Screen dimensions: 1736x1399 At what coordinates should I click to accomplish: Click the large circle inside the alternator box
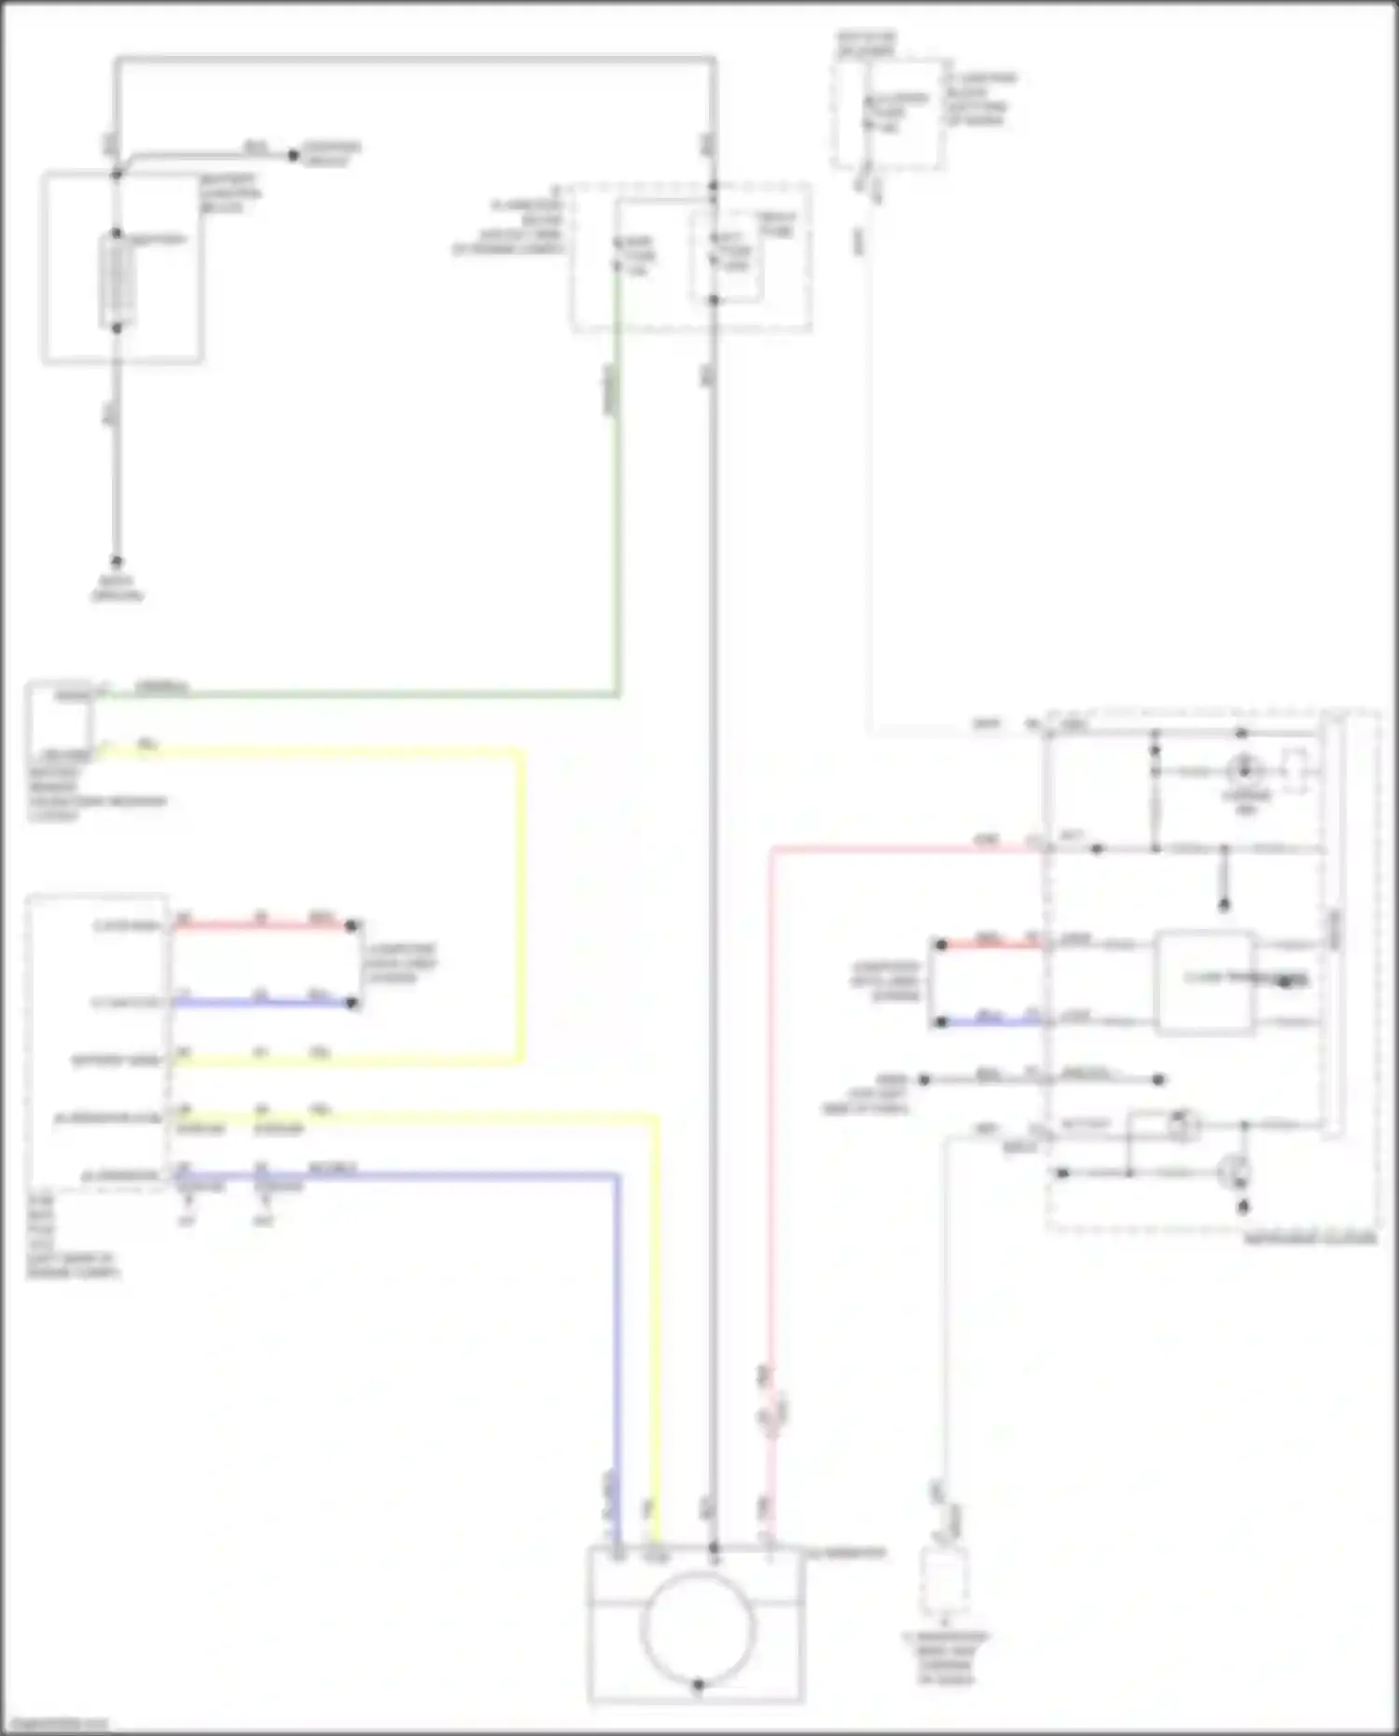[x=698, y=1625]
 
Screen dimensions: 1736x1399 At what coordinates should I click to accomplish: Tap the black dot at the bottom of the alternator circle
[x=698, y=1685]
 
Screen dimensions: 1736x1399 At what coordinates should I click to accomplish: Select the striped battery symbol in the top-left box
[x=117, y=280]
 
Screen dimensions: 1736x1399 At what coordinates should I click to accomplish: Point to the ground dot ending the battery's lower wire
[x=117, y=561]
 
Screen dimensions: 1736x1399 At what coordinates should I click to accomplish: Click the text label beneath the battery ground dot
[x=117, y=588]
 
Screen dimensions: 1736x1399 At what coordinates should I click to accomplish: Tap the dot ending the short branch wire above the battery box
[x=294, y=155]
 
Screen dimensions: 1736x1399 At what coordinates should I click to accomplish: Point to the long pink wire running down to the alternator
[x=771, y=1119]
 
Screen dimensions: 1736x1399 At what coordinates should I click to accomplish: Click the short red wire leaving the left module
[x=261, y=926]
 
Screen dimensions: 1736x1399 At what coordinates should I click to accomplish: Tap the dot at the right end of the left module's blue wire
[x=352, y=1003]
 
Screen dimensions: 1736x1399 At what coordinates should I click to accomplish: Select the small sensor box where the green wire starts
[x=61, y=722]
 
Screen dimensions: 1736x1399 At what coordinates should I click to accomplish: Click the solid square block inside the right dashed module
[x=1203, y=981]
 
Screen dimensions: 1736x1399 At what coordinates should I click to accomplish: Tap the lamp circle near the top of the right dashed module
[x=1245, y=771]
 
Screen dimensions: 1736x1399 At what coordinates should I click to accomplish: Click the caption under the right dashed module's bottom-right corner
[x=1310, y=1239]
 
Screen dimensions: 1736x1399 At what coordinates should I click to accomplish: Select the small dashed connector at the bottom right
[x=945, y=1580]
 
